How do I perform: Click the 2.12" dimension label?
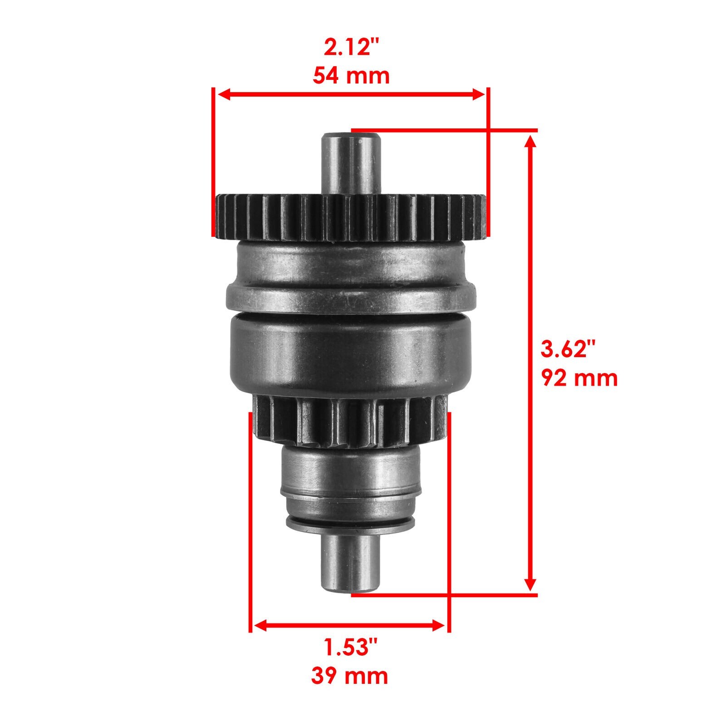(351, 48)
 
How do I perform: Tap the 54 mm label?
(351, 76)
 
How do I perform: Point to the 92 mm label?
(579, 378)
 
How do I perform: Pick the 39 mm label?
(349, 676)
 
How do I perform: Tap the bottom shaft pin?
(350, 563)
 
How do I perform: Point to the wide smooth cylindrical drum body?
(350, 354)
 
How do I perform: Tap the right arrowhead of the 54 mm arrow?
(479, 94)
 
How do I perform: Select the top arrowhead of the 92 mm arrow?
(530, 142)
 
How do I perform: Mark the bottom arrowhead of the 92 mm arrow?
(530, 584)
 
